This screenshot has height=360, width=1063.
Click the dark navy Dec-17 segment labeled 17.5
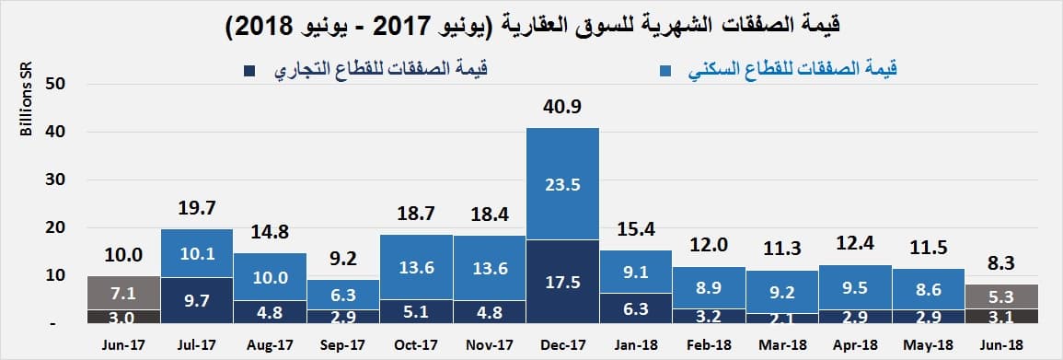click(562, 281)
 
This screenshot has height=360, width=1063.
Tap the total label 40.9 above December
click(562, 108)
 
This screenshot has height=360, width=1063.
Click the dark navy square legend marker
click(250, 70)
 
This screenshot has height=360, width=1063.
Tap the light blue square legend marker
click(666, 70)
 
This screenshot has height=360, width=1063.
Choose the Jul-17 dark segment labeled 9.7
click(197, 299)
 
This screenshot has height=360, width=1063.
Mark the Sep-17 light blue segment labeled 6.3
click(343, 295)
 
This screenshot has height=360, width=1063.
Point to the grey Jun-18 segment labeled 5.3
click(1001, 296)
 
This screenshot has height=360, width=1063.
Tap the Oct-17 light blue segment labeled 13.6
click(416, 267)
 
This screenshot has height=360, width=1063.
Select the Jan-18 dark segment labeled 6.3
click(636, 308)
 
